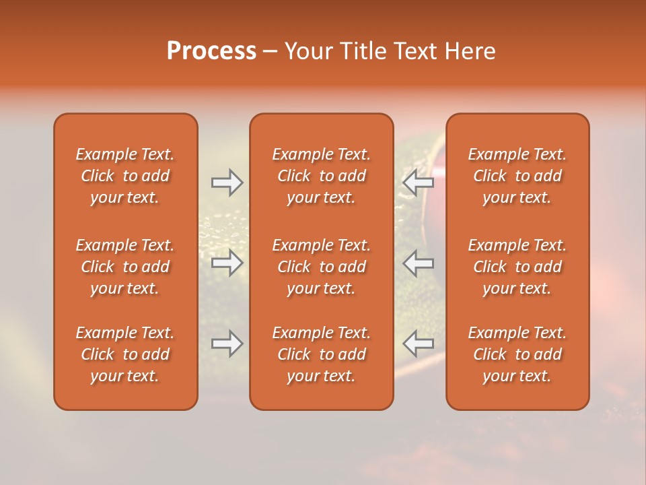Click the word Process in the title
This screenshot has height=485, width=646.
coord(211,51)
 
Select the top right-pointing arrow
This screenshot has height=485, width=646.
coord(227,182)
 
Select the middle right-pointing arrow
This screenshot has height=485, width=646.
coord(227,263)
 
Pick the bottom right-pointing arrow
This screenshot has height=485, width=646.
coord(227,344)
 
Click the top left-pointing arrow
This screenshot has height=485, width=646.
coord(419,182)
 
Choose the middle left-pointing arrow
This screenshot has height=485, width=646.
coord(419,263)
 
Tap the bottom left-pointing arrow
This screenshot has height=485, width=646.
coord(419,344)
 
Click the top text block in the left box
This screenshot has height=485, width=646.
coord(125,176)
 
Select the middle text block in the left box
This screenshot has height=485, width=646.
coord(125,267)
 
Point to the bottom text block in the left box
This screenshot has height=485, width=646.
coord(125,354)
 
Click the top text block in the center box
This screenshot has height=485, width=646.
coord(321,176)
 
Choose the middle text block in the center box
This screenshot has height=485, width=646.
coord(321,267)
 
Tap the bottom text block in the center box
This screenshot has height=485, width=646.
coord(321,354)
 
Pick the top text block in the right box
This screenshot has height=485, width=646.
coord(517,176)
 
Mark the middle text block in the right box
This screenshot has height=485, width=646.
coord(517,267)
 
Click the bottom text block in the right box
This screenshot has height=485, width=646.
coord(517,354)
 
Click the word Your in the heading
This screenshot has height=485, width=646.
coord(306,51)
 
